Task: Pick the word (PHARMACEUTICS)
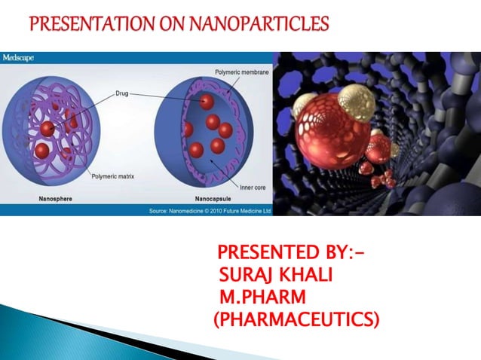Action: tap(296, 321)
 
